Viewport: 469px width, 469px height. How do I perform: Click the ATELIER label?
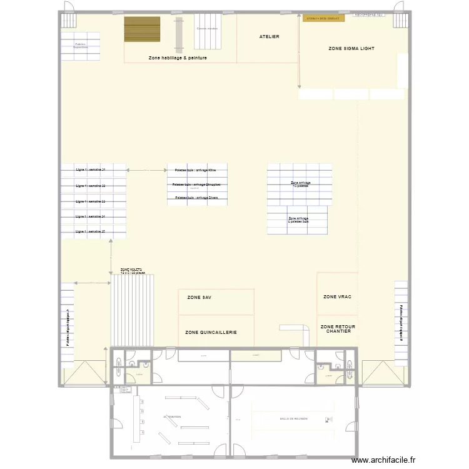coord(269,37)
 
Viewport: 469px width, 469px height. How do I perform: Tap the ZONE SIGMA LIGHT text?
coord(351,48)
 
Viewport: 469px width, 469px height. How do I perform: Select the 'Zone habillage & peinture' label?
coord(178,58)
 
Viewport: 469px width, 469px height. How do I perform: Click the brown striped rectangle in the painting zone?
coord(143,29)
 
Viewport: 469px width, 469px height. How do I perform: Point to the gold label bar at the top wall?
coord(324,19)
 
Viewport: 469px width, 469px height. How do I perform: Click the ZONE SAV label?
coord(199,298)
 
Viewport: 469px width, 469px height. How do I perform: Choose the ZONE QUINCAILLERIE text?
coord(211,333)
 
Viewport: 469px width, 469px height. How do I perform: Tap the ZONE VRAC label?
coord(337,296)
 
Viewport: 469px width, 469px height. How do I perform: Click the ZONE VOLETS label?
coord(132,271)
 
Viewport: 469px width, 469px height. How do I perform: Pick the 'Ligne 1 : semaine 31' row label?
coord(90,170)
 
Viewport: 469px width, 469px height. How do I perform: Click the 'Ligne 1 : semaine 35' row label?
coord(90,231)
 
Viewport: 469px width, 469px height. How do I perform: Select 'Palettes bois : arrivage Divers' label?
coord(196,197)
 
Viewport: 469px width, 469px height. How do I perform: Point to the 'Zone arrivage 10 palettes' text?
coord(300,184)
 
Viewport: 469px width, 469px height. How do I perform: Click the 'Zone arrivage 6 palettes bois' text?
coord(298,220)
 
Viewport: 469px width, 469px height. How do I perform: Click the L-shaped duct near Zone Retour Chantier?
coord(296,330)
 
